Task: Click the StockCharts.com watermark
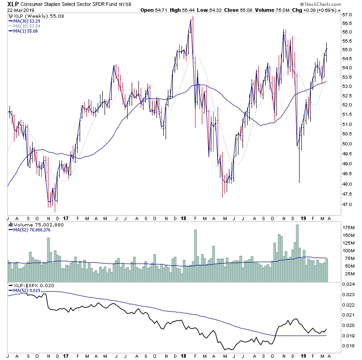pyautogui.click(x=339, y=4)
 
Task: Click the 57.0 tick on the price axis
pyautogui.click(x=347, y=15)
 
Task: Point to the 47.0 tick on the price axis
pyautogui.click(x=347, y=205)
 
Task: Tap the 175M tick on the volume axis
pyautogui.click(x=348, y=227)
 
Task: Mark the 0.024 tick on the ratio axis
pyautogui.click(x=348, y=284)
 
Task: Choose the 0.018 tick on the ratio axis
pyautogui.click(x=348, y=346)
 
